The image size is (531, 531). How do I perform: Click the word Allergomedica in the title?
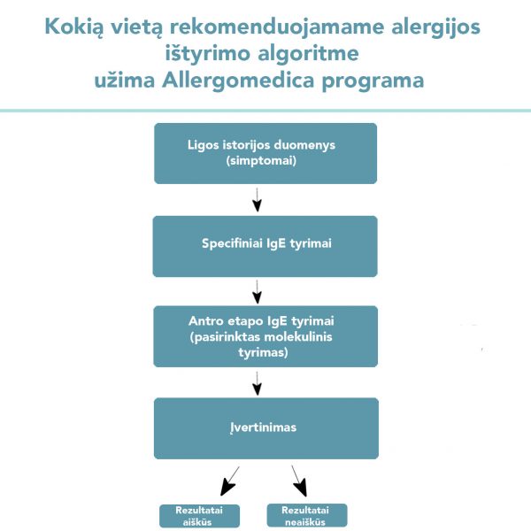click(x=238, y=81)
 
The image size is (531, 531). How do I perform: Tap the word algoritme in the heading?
click(x=309, y=54)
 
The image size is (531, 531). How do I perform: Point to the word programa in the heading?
click(x=373, y=82)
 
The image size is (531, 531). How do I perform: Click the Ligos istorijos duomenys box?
click(x=265, y=153)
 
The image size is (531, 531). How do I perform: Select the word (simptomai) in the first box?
click(x=261, y=160)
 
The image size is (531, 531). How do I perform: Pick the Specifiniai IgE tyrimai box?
click(x=265, y=246)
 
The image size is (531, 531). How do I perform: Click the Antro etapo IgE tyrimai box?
click(x=265, y=336)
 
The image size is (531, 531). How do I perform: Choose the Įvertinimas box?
click(x=266, y=428)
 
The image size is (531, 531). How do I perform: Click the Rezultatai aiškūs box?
click(x=199, y=516)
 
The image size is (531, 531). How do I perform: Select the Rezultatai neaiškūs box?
click(x=307, y=515)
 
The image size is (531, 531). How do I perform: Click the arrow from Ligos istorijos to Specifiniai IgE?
click(x=257, y=200)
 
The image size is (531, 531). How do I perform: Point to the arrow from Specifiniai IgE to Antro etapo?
click(x=257, y=291)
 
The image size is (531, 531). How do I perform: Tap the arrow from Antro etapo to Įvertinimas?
click(x=257, y=383)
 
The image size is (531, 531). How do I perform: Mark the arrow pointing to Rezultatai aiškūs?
click(x=230, y=481)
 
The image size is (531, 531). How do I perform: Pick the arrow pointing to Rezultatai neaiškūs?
click(x=299, y=481)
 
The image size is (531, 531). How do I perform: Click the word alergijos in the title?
click(x=435, y=27)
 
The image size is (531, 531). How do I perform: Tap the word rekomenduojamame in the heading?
click(x=277, y=27)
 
